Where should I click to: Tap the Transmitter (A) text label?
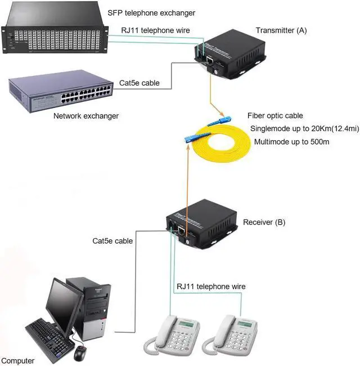[281, 30]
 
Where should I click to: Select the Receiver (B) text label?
[264, 222]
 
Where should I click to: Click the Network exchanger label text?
[86, 116]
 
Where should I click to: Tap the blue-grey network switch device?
[60, 93]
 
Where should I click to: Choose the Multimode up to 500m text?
[291, 142]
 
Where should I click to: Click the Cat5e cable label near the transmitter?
[139, 83]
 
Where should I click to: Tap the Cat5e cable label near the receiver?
[112, 240]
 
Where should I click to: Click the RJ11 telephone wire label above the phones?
[211, 287]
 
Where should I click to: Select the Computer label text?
[17, 360]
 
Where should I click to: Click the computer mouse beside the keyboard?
[80, 354]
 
